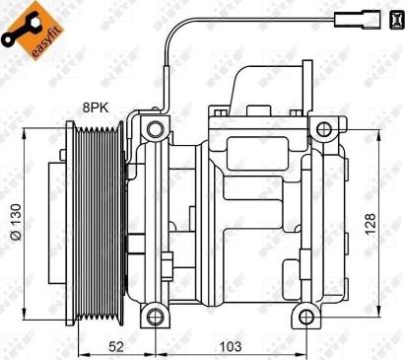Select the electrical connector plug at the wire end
[351, 18]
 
